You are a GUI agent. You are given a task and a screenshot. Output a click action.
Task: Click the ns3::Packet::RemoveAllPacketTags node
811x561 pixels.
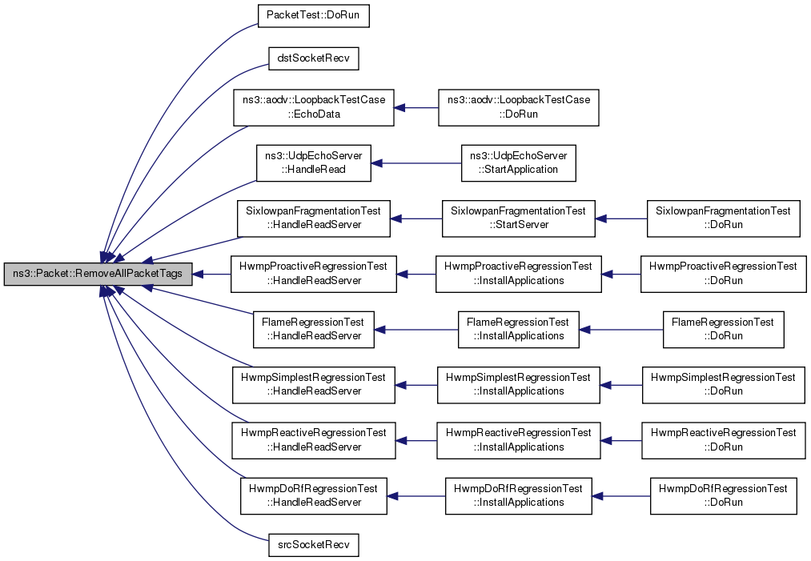98,274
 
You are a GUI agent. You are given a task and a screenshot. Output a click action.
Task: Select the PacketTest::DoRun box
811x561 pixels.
314,15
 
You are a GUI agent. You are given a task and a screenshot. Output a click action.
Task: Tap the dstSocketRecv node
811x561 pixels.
314,58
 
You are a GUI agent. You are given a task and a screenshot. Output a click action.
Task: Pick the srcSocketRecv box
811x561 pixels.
314,544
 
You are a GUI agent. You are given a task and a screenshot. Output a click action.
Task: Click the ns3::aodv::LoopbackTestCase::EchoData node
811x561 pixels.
314,107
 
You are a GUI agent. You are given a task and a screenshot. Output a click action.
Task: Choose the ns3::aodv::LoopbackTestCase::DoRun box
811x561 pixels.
518,107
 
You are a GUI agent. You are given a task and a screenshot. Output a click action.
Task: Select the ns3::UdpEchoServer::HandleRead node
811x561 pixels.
314,163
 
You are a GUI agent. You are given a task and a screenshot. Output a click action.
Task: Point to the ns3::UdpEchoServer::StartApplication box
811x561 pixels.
518,163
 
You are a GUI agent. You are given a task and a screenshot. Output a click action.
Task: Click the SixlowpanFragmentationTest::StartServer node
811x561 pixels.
518,218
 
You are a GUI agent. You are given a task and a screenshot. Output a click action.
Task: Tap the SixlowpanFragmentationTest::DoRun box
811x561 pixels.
723,218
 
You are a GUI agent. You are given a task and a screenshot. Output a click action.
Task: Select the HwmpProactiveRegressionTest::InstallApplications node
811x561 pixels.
518,274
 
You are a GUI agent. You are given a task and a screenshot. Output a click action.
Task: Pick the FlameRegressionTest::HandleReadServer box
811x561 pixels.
314,330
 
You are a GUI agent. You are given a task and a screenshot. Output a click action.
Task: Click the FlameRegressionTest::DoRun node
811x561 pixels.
723,330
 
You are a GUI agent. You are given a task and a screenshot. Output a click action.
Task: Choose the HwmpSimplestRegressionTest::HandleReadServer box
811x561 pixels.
314,385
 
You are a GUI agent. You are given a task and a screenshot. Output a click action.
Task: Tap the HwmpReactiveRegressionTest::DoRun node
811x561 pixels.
723,440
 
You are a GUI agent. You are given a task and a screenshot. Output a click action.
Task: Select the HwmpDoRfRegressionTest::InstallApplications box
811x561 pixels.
518,496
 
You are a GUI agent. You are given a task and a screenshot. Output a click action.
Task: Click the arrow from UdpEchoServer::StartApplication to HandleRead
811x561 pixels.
416,163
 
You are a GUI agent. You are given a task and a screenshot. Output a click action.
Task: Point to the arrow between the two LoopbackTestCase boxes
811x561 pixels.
416,107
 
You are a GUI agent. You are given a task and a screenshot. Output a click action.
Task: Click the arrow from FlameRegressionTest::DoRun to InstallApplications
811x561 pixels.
621,330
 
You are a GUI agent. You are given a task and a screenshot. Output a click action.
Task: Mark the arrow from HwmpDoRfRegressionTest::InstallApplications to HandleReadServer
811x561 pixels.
416,496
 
